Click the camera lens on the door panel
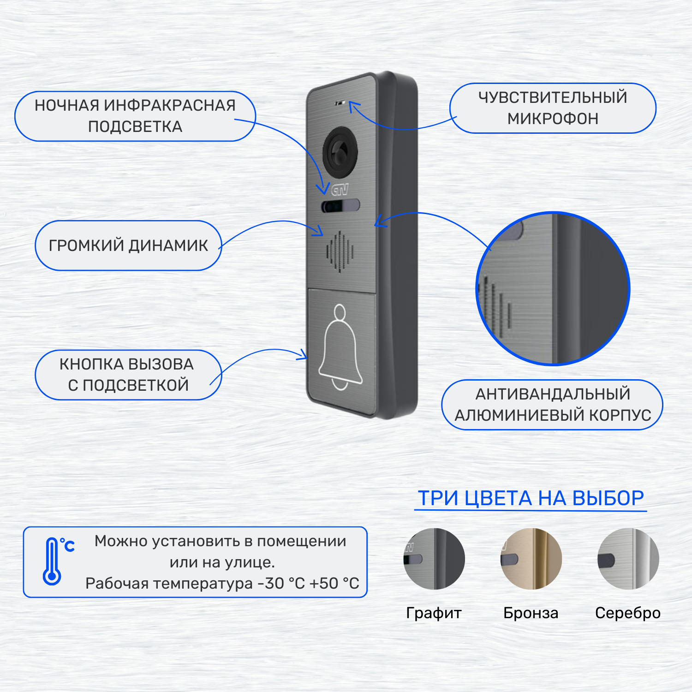pos(341,153)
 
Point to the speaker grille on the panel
pos(340,251)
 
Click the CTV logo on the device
pos(340,189)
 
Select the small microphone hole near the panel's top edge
pos(340,103)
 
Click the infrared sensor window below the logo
pos(340,206)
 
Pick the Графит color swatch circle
pos(434,559)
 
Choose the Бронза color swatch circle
pos(531,559)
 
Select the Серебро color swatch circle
pos(628,559)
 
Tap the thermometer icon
pos(52,561)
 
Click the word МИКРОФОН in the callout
pos(553,119)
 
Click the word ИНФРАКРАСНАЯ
pos(170,106)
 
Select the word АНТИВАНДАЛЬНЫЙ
pos(553,394)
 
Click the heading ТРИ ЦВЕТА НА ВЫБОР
pos(531,498)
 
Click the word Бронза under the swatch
pos(531,613)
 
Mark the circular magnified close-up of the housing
pos(553,288)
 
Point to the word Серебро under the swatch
pos(628,613)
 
